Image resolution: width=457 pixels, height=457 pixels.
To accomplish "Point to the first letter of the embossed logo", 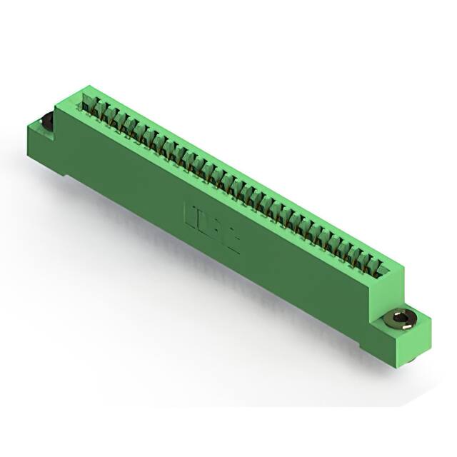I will click(x=191, y=214).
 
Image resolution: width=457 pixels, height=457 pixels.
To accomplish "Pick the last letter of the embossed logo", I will click(x=232, y=238).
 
